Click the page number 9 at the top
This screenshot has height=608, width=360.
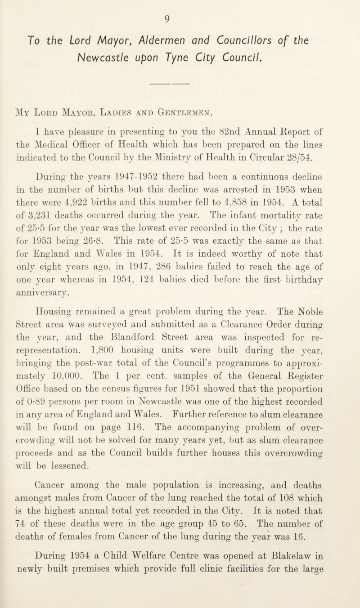[x=180, y=8]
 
